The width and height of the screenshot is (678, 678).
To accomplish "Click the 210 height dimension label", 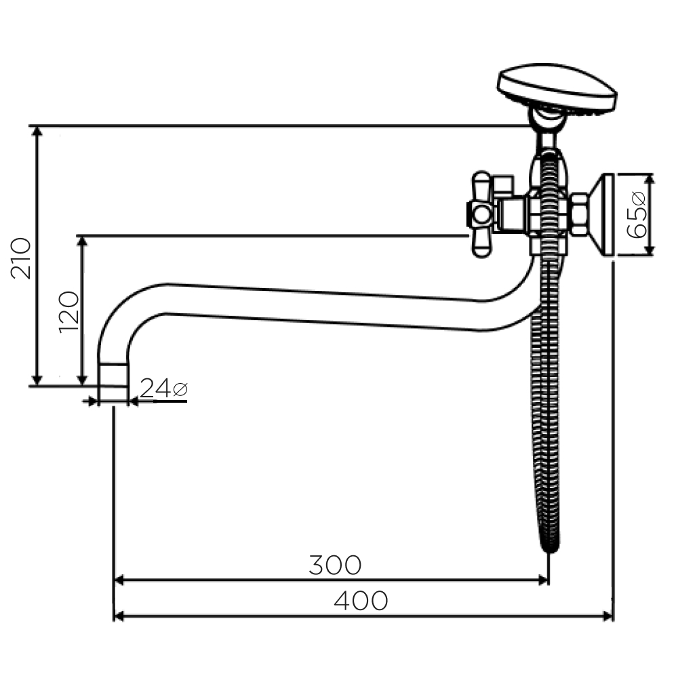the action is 21,258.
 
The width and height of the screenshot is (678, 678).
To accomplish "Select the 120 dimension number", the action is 69,312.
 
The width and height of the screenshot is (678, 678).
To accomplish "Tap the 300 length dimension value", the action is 335,565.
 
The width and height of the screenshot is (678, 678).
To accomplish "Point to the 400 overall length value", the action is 361,601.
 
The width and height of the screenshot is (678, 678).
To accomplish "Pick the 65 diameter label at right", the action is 636,214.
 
